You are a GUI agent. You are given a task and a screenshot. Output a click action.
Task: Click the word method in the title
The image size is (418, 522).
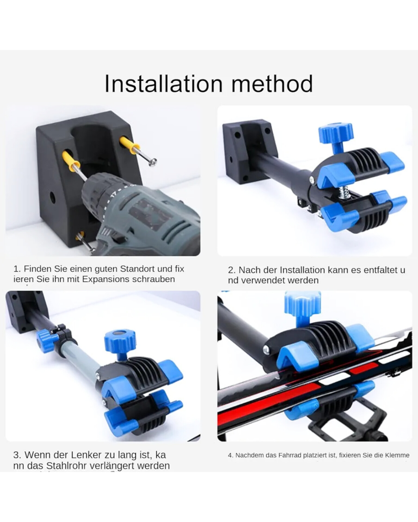tap(272, 84)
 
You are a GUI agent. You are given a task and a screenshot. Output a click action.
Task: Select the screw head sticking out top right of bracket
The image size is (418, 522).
tap(153, 162)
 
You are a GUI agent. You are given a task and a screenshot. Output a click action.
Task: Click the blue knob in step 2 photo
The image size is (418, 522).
tap(336, 133)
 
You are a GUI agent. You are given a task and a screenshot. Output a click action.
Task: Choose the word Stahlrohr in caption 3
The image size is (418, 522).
tap(66, 466)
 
